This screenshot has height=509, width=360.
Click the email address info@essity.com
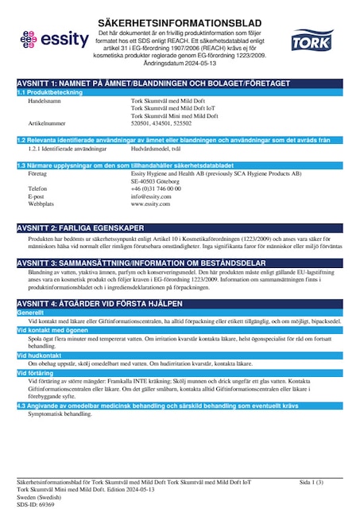pos(151,196)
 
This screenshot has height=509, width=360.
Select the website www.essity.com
pos(151,204)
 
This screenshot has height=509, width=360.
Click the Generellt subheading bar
pos(32,313)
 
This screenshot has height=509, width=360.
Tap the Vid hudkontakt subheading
pos(40,355)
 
